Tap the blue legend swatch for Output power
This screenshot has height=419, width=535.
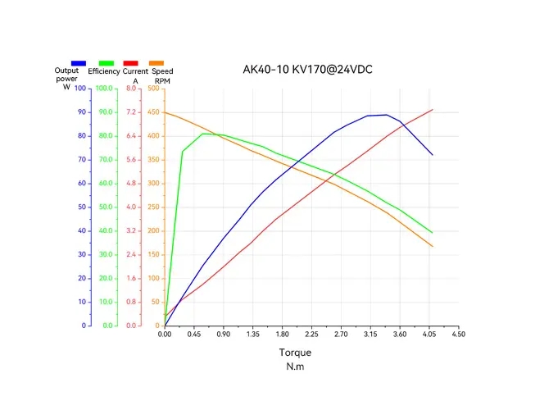(79, 63)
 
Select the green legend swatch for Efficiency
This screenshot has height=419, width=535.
(107, 63)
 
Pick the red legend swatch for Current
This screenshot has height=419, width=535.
(130, 63)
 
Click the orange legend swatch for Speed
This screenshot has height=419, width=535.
(156, 63)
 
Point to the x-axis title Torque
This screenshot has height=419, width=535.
(295, 353)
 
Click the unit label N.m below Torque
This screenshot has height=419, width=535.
(295, 366)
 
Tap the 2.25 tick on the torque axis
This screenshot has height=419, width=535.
(311, 334)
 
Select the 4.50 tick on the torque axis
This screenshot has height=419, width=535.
(458, 334)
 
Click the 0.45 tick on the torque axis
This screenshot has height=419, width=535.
(194, 334)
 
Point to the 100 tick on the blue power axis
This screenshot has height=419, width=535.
(80, 88)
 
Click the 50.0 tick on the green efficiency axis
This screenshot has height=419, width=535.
(106, 207)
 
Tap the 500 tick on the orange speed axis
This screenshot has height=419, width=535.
(155, 88)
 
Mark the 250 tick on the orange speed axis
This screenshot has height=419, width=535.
(155, 207)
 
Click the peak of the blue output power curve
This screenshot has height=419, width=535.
(386, 115)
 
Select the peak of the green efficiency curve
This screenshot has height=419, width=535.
(204, 133)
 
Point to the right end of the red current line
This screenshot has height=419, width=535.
(432, 110)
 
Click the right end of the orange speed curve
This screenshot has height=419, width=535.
(432, 246)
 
